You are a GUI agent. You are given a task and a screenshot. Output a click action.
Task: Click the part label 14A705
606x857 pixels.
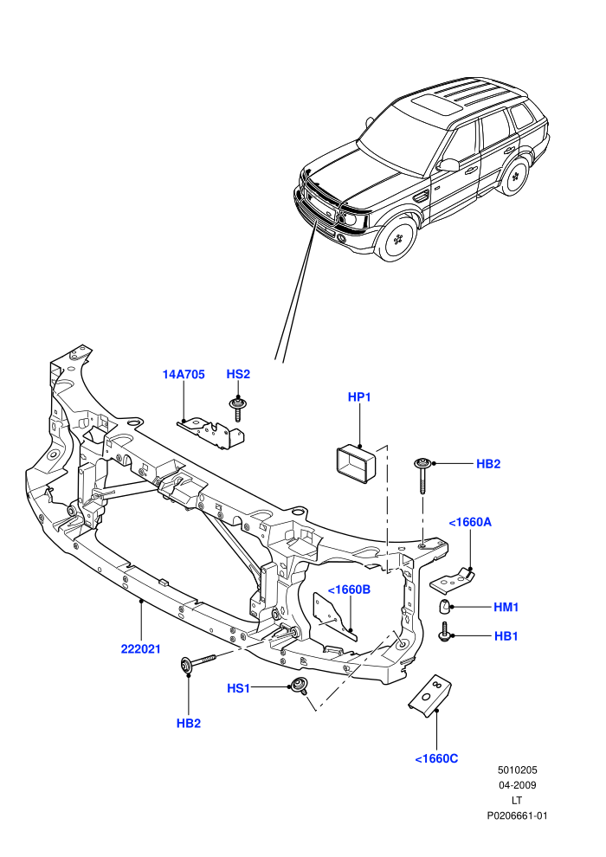(x=184, y=374)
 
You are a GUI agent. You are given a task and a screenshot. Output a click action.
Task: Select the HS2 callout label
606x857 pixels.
(x=238, y=374)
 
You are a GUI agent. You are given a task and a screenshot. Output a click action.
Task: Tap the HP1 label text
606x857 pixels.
(x=359, y=396)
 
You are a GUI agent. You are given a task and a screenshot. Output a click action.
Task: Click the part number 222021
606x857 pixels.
(x=141, y=648)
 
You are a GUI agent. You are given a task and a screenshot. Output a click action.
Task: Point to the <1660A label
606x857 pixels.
(x=470, y=522)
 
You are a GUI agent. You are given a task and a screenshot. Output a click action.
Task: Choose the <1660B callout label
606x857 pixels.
(x=349, y=590)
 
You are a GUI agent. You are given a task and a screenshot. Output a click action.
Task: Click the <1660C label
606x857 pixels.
(x=436, y=758)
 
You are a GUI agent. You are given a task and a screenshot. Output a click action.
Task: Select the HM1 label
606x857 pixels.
(x=506, y=607)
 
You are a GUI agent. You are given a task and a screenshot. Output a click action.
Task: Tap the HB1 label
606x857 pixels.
(x=506, y=635)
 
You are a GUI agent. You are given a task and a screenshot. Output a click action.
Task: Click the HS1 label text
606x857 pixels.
(x=238, y=688)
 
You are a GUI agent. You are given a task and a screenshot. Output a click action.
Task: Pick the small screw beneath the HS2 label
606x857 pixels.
(x=237, y=409)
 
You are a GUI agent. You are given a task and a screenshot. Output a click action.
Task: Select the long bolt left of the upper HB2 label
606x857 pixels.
(x=422, y=475)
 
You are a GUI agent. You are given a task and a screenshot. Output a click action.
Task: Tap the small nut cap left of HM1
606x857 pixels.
(x=445, y=607)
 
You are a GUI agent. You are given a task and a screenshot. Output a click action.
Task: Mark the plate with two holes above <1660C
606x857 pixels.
(x=430, y=693)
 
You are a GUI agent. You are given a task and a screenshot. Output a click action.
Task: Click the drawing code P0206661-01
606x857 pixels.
(x=517, y=815)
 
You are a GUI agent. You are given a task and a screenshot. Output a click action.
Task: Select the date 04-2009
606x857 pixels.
(x=517, y=785)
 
